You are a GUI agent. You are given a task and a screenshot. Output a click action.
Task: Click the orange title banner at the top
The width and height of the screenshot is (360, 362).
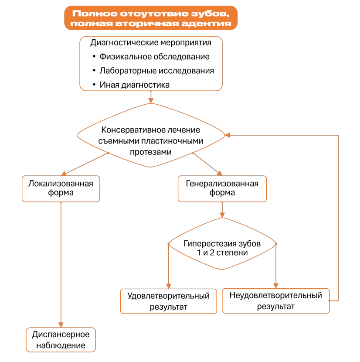151,18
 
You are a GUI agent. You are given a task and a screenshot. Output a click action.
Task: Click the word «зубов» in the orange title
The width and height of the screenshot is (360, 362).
210,14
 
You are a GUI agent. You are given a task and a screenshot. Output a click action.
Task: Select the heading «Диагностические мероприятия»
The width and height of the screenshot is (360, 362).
151,43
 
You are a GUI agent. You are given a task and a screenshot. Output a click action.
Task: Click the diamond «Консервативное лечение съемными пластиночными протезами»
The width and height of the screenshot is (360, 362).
151,135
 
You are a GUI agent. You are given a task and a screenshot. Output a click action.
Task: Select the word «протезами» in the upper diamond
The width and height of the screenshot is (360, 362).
151,152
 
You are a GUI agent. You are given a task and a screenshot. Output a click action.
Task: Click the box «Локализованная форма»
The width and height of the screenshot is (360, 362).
61,189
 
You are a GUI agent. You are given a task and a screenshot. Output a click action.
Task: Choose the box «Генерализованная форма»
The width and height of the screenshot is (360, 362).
222,189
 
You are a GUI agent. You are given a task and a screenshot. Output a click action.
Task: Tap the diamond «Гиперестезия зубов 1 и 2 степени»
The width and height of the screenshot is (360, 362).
222,244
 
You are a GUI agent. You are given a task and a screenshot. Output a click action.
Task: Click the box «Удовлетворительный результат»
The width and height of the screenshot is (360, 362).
169,301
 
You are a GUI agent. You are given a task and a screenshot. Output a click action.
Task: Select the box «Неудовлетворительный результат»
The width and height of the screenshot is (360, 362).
276,301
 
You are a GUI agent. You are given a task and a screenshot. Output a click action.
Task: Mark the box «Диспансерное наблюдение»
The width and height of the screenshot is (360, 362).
61,340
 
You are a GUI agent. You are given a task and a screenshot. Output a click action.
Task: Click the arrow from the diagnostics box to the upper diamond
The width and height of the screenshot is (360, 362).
151,97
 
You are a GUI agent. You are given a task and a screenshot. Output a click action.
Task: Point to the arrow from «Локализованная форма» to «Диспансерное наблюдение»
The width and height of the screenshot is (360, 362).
61,265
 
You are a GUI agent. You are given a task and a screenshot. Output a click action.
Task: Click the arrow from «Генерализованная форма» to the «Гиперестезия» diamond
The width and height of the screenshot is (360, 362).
222,210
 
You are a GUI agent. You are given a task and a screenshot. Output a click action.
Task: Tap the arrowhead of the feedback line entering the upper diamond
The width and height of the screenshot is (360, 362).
228,135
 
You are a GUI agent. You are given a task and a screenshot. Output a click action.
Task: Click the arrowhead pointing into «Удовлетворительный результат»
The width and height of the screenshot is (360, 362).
169,286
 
